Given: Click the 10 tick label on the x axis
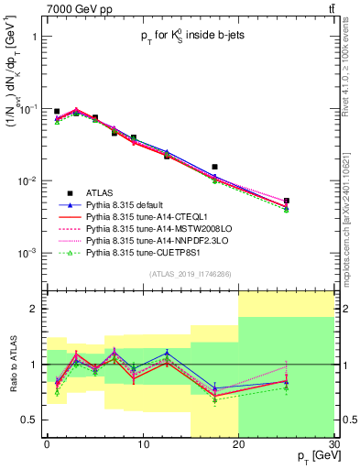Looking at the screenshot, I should click(142, 447).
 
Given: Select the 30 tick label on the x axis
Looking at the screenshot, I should click(333, 447).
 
